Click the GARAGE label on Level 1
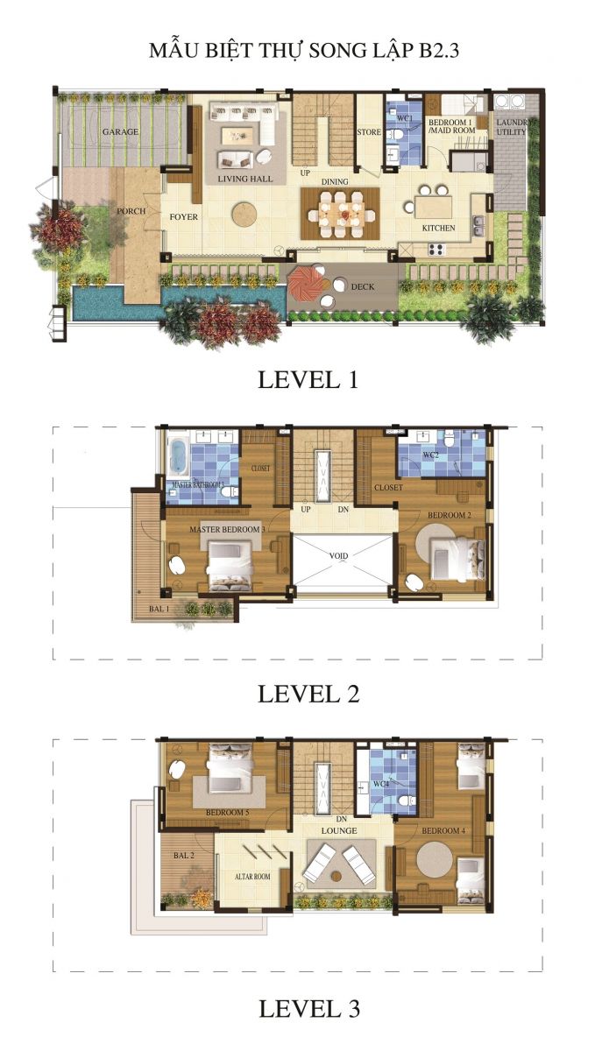pos(120,132)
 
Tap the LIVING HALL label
pos(245,179)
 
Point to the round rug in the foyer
pos(245,213)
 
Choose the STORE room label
pos(369,132)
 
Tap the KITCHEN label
pos(438,228)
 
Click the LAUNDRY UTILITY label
pos(511,127)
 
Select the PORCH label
pos(131,211)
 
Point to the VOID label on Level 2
pos(339,555)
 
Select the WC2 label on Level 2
pos(431,456)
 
